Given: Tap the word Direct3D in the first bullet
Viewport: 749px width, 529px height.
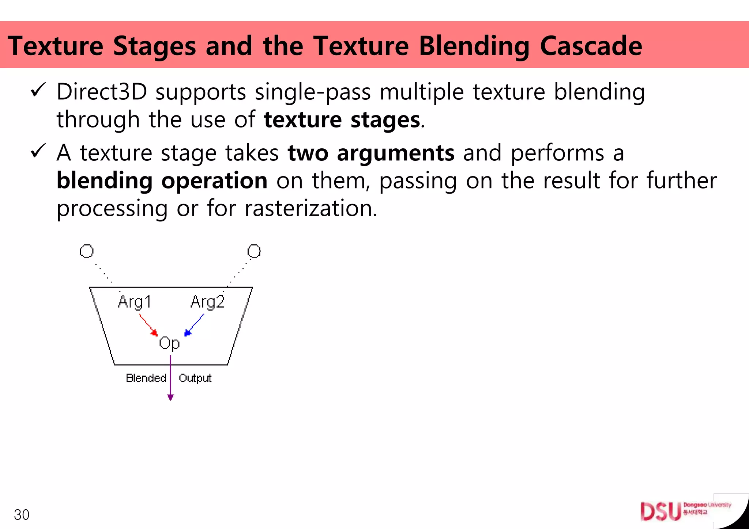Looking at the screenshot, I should click(102, 92).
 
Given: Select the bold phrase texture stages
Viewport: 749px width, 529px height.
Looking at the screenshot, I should click(342, 120).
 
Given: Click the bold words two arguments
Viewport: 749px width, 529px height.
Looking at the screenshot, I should click(371, 153).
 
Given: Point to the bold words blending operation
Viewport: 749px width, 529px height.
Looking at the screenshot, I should click(162, 181).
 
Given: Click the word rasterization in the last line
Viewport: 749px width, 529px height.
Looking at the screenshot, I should click(310, 209).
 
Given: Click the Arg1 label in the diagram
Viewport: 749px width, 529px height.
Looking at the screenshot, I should click(134, 302).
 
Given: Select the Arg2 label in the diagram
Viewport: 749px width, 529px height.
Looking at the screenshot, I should click(207, 302).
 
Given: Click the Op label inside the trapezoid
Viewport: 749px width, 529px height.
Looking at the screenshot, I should click(169, 343).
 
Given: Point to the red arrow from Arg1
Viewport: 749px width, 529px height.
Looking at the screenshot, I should click(148, 325).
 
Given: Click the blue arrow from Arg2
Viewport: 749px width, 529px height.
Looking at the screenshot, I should click(194, 325).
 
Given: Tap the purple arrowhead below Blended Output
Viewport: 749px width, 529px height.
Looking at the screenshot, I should click(170, 397).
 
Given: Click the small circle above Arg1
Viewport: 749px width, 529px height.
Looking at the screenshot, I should click(87, 251).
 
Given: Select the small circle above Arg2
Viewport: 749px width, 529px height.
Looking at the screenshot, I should click(254, 251).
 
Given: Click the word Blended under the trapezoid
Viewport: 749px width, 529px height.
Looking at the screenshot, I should click(146, 378).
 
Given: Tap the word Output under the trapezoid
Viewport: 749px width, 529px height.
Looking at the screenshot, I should click(195, 378).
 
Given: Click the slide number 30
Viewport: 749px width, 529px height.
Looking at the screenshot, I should click(22, 515).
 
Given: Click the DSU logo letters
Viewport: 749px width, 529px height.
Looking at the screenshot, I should click(660, 511).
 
